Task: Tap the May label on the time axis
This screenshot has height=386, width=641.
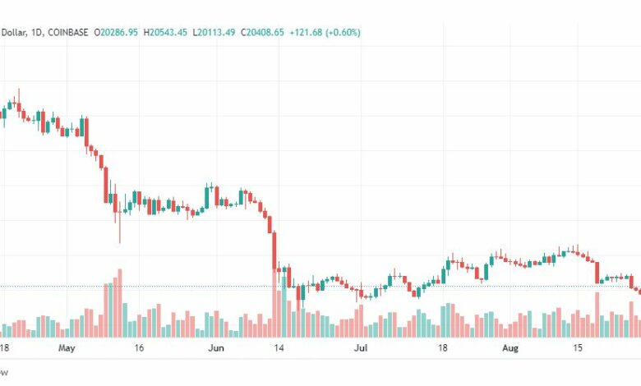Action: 67,348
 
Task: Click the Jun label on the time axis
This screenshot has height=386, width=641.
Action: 215,348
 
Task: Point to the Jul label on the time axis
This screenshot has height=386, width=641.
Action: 361,348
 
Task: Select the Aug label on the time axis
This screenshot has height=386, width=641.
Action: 510,348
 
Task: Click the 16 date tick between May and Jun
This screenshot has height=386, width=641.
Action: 138,348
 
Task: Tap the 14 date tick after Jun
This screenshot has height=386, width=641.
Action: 279,348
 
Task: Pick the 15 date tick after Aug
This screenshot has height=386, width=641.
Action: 579,348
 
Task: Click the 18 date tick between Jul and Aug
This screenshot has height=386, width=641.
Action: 442,348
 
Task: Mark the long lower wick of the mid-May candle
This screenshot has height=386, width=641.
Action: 119,230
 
